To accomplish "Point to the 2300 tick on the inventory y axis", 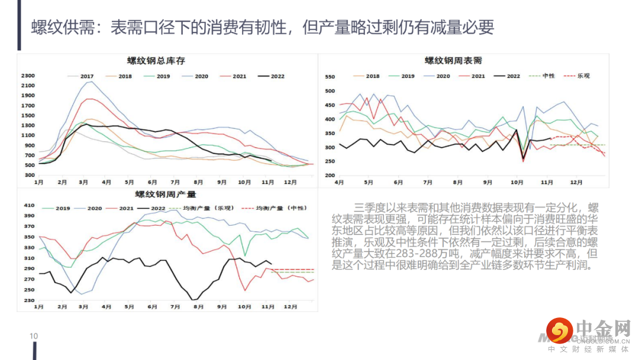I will coord(28,76).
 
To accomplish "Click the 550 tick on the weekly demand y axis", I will coord(330,77).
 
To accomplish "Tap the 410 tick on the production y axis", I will coord(29,205).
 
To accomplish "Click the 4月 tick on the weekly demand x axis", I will coord(339,182).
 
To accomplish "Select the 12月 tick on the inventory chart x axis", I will coord(290,182).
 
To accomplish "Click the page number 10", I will coord(34,336).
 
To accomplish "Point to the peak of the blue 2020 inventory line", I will coord(89,82).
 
